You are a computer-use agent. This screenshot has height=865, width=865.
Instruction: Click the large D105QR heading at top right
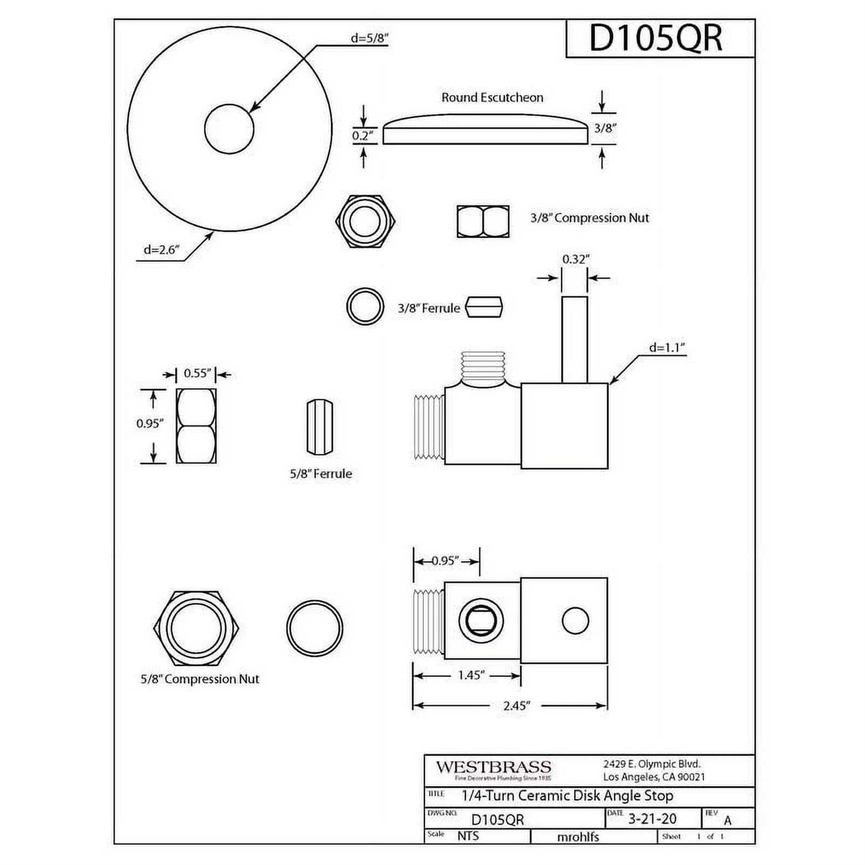point(655,39)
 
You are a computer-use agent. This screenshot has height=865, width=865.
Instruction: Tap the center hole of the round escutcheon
point(229,129)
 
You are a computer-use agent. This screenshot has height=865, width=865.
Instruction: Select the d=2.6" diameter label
point(161,250)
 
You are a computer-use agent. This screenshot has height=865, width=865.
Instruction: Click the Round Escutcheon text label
point(492,97)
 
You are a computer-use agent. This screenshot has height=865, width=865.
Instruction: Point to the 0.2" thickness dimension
point(363,136)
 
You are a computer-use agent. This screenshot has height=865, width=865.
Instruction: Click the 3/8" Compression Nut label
point(589,218)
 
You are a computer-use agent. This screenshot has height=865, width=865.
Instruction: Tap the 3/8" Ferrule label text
point(428,309)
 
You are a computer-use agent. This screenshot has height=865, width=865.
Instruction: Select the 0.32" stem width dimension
point(575,259)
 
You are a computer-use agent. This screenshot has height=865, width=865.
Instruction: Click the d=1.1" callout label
point(667,348)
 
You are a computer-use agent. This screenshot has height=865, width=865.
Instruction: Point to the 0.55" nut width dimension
point(197,374)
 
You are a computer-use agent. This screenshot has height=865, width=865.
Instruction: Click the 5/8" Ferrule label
point(321,474)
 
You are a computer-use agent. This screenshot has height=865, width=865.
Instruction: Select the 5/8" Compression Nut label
point(200,679)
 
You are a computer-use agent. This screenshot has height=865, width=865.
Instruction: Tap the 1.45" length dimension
point(471,675)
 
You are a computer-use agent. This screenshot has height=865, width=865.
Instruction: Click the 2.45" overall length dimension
point(515,705)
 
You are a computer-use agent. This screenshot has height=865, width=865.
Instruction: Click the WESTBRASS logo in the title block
point(493,768)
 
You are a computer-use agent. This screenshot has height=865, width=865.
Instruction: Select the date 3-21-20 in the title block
point(652,819)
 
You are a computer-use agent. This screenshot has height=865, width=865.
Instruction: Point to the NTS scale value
point(468,836)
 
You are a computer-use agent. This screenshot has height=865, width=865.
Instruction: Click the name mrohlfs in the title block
point(578,837)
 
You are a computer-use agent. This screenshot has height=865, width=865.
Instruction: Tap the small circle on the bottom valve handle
point(575,621)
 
